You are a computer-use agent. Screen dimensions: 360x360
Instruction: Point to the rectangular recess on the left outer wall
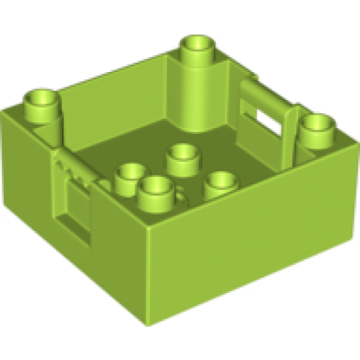coord(75,219)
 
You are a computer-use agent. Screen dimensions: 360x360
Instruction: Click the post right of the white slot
coord(292,126)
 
